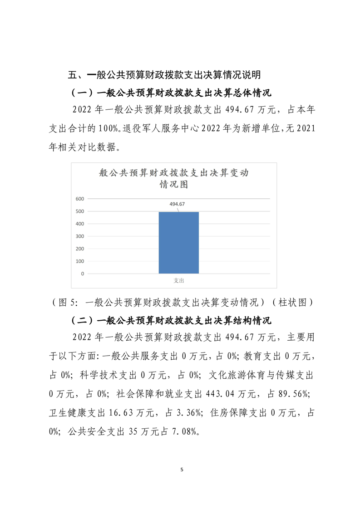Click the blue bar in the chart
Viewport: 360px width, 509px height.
click(x=178, y=243)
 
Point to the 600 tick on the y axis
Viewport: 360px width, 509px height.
click(x=79, y=199)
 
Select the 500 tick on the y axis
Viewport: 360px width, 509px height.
click(x=79, y=211)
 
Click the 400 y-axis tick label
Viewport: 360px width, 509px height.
click(x=79, y=224)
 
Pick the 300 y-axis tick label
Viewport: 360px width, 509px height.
click(x=79, y=236)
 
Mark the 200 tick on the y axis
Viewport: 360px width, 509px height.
click(x=79, y=249)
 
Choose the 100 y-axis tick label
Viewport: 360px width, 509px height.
click(x=79, y=261)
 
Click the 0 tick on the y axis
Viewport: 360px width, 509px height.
click(x=82, y=274)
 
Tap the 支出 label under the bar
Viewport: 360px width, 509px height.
click(x=179, y=281)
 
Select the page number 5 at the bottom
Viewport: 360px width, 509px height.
click(x=181, y=470)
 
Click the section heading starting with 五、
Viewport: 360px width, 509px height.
click(x=164, y=74)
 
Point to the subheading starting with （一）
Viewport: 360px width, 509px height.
click(x=171, y=93)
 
